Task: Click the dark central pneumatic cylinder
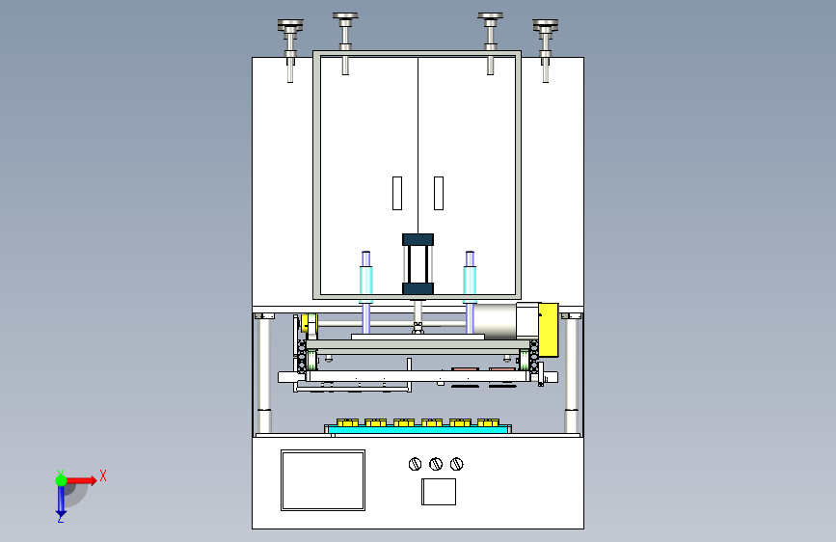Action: (x=418, y=263)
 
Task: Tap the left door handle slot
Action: (x=396, y=193)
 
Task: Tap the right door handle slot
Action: (x=439, y=193)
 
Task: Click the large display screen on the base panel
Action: (x=323, y=479)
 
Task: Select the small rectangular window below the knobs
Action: (x=439, y=492)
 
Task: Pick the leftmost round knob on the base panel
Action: (x=416, y=464)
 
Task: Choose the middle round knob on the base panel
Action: (x=436, y=464)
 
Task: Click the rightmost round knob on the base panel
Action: (x=456, y=464)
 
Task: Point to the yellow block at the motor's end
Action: (x=548, y=328)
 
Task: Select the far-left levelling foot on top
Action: (x=289, y=43)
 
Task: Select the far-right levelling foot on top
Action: (x=546, y=43)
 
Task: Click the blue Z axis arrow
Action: (x=60, y=501)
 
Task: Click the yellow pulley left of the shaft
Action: (x=308, y=325)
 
